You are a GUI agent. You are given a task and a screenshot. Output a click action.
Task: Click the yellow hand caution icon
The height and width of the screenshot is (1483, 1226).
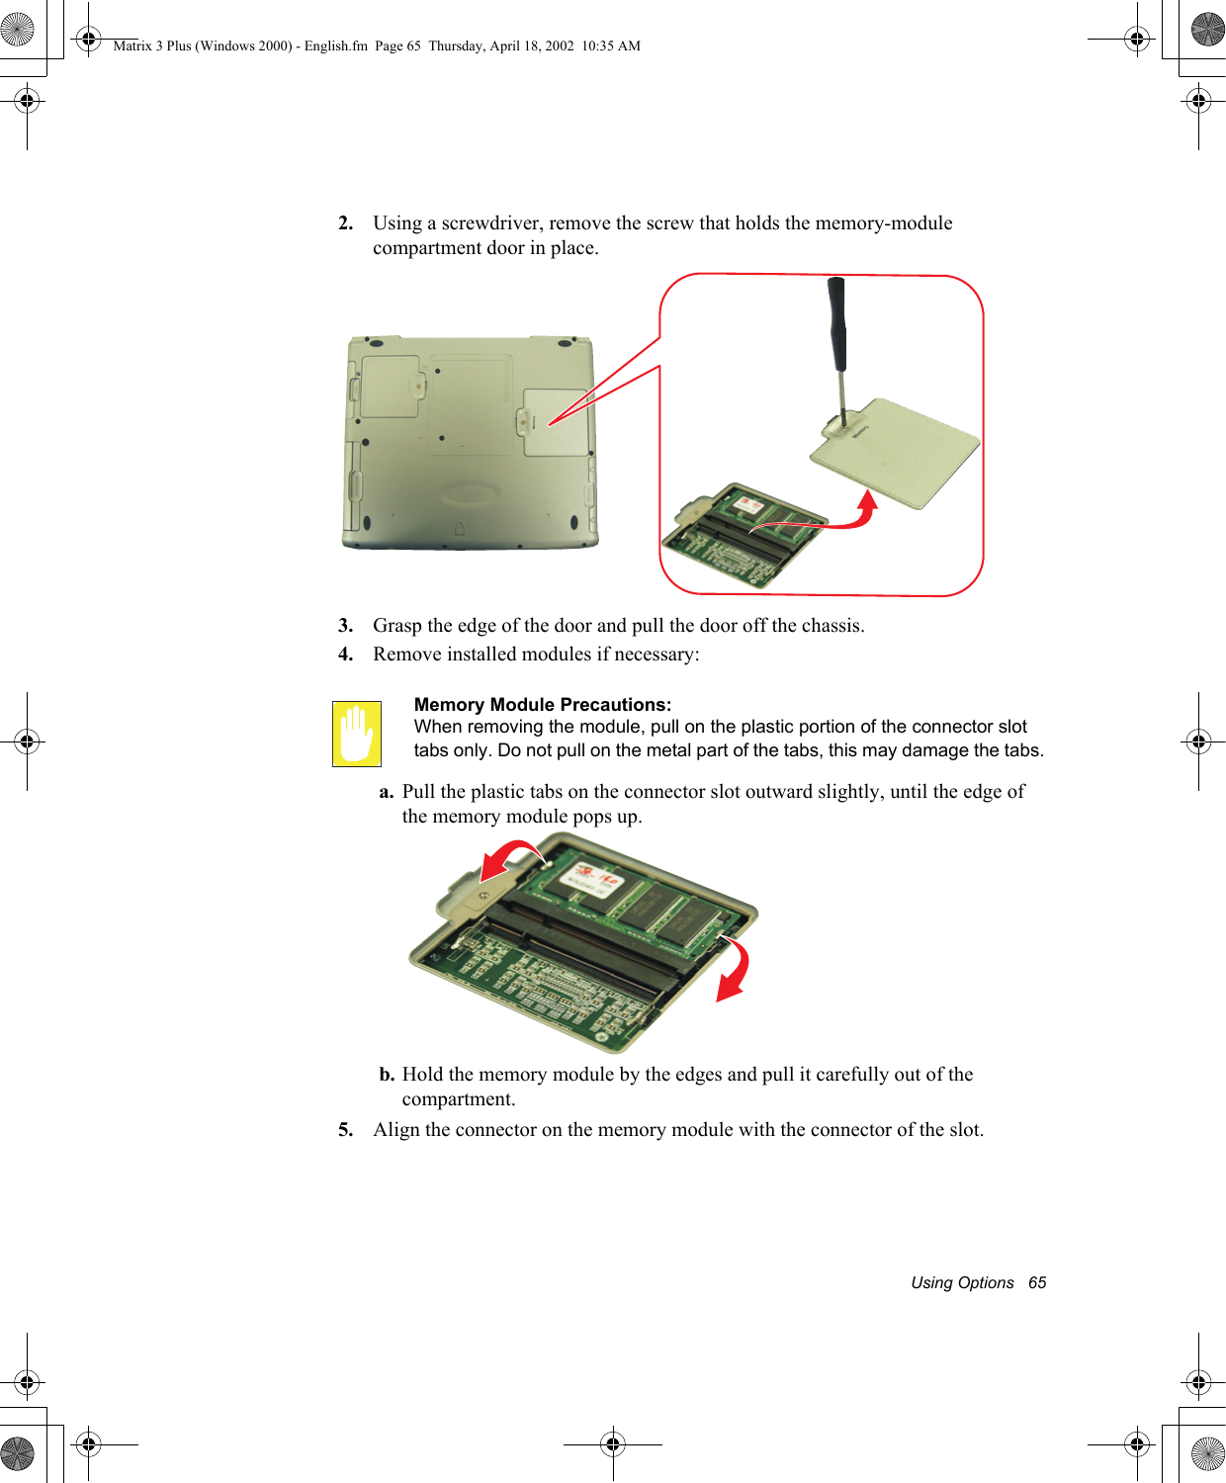point(357,734)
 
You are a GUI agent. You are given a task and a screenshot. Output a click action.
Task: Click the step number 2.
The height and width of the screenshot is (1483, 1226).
point(345,223)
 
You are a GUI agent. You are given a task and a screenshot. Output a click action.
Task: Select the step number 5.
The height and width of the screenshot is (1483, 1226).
point(345,1130)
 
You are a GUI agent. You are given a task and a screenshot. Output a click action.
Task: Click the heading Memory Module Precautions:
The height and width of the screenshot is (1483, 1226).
point(542,705)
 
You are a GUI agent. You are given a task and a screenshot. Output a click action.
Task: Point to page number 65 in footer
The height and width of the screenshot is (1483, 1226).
point(1037,1282)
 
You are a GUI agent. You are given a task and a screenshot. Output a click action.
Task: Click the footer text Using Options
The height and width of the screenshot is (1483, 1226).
point(962,1282)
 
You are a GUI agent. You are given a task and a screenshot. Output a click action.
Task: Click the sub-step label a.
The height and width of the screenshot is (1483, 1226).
point(387,792)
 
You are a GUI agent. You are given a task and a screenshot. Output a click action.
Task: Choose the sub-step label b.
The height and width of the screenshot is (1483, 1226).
point(387,1075)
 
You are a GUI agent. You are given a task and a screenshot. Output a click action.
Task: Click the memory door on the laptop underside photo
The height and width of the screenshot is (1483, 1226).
point(556,422)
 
